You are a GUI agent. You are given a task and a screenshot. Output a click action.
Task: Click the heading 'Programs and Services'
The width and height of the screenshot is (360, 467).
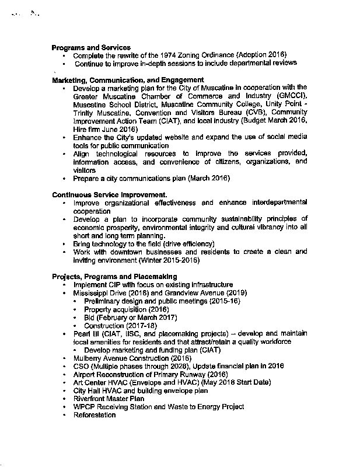[91, 47]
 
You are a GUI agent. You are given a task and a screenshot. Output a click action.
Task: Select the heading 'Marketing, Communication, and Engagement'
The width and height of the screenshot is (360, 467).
[128, 79]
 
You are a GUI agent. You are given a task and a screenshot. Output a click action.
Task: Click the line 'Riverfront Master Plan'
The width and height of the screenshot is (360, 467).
[109, 398]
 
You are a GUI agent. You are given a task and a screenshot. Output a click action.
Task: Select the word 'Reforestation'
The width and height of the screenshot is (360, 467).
[95, 414]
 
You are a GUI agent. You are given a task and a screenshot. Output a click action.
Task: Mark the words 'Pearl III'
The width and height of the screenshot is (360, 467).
[85, 333]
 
